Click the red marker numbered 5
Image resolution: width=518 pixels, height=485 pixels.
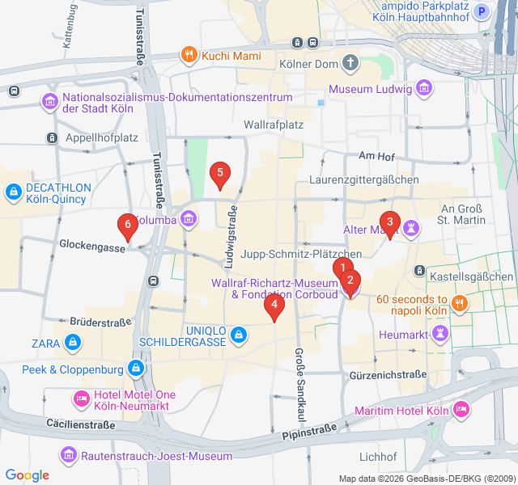point(219,173)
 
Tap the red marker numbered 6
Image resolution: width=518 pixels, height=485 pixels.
point(125,225)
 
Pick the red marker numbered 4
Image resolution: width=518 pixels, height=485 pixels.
point(275,306)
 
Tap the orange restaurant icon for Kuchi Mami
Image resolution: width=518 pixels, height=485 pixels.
point(189,55)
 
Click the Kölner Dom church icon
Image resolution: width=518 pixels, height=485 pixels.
point(350,62)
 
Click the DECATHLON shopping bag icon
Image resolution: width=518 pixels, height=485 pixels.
point(13,192)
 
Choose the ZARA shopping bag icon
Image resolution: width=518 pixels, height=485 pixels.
point(74,343)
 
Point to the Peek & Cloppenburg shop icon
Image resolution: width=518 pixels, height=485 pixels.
point(135,369)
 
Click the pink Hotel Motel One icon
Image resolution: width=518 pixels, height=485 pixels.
point(81,399)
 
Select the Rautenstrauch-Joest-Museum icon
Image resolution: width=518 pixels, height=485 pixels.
point(70,457)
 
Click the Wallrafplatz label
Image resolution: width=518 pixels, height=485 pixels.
point(274,125)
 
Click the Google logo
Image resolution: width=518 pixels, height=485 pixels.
point(27,475)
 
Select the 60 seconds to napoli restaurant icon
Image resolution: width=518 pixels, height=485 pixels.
point(460,303)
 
